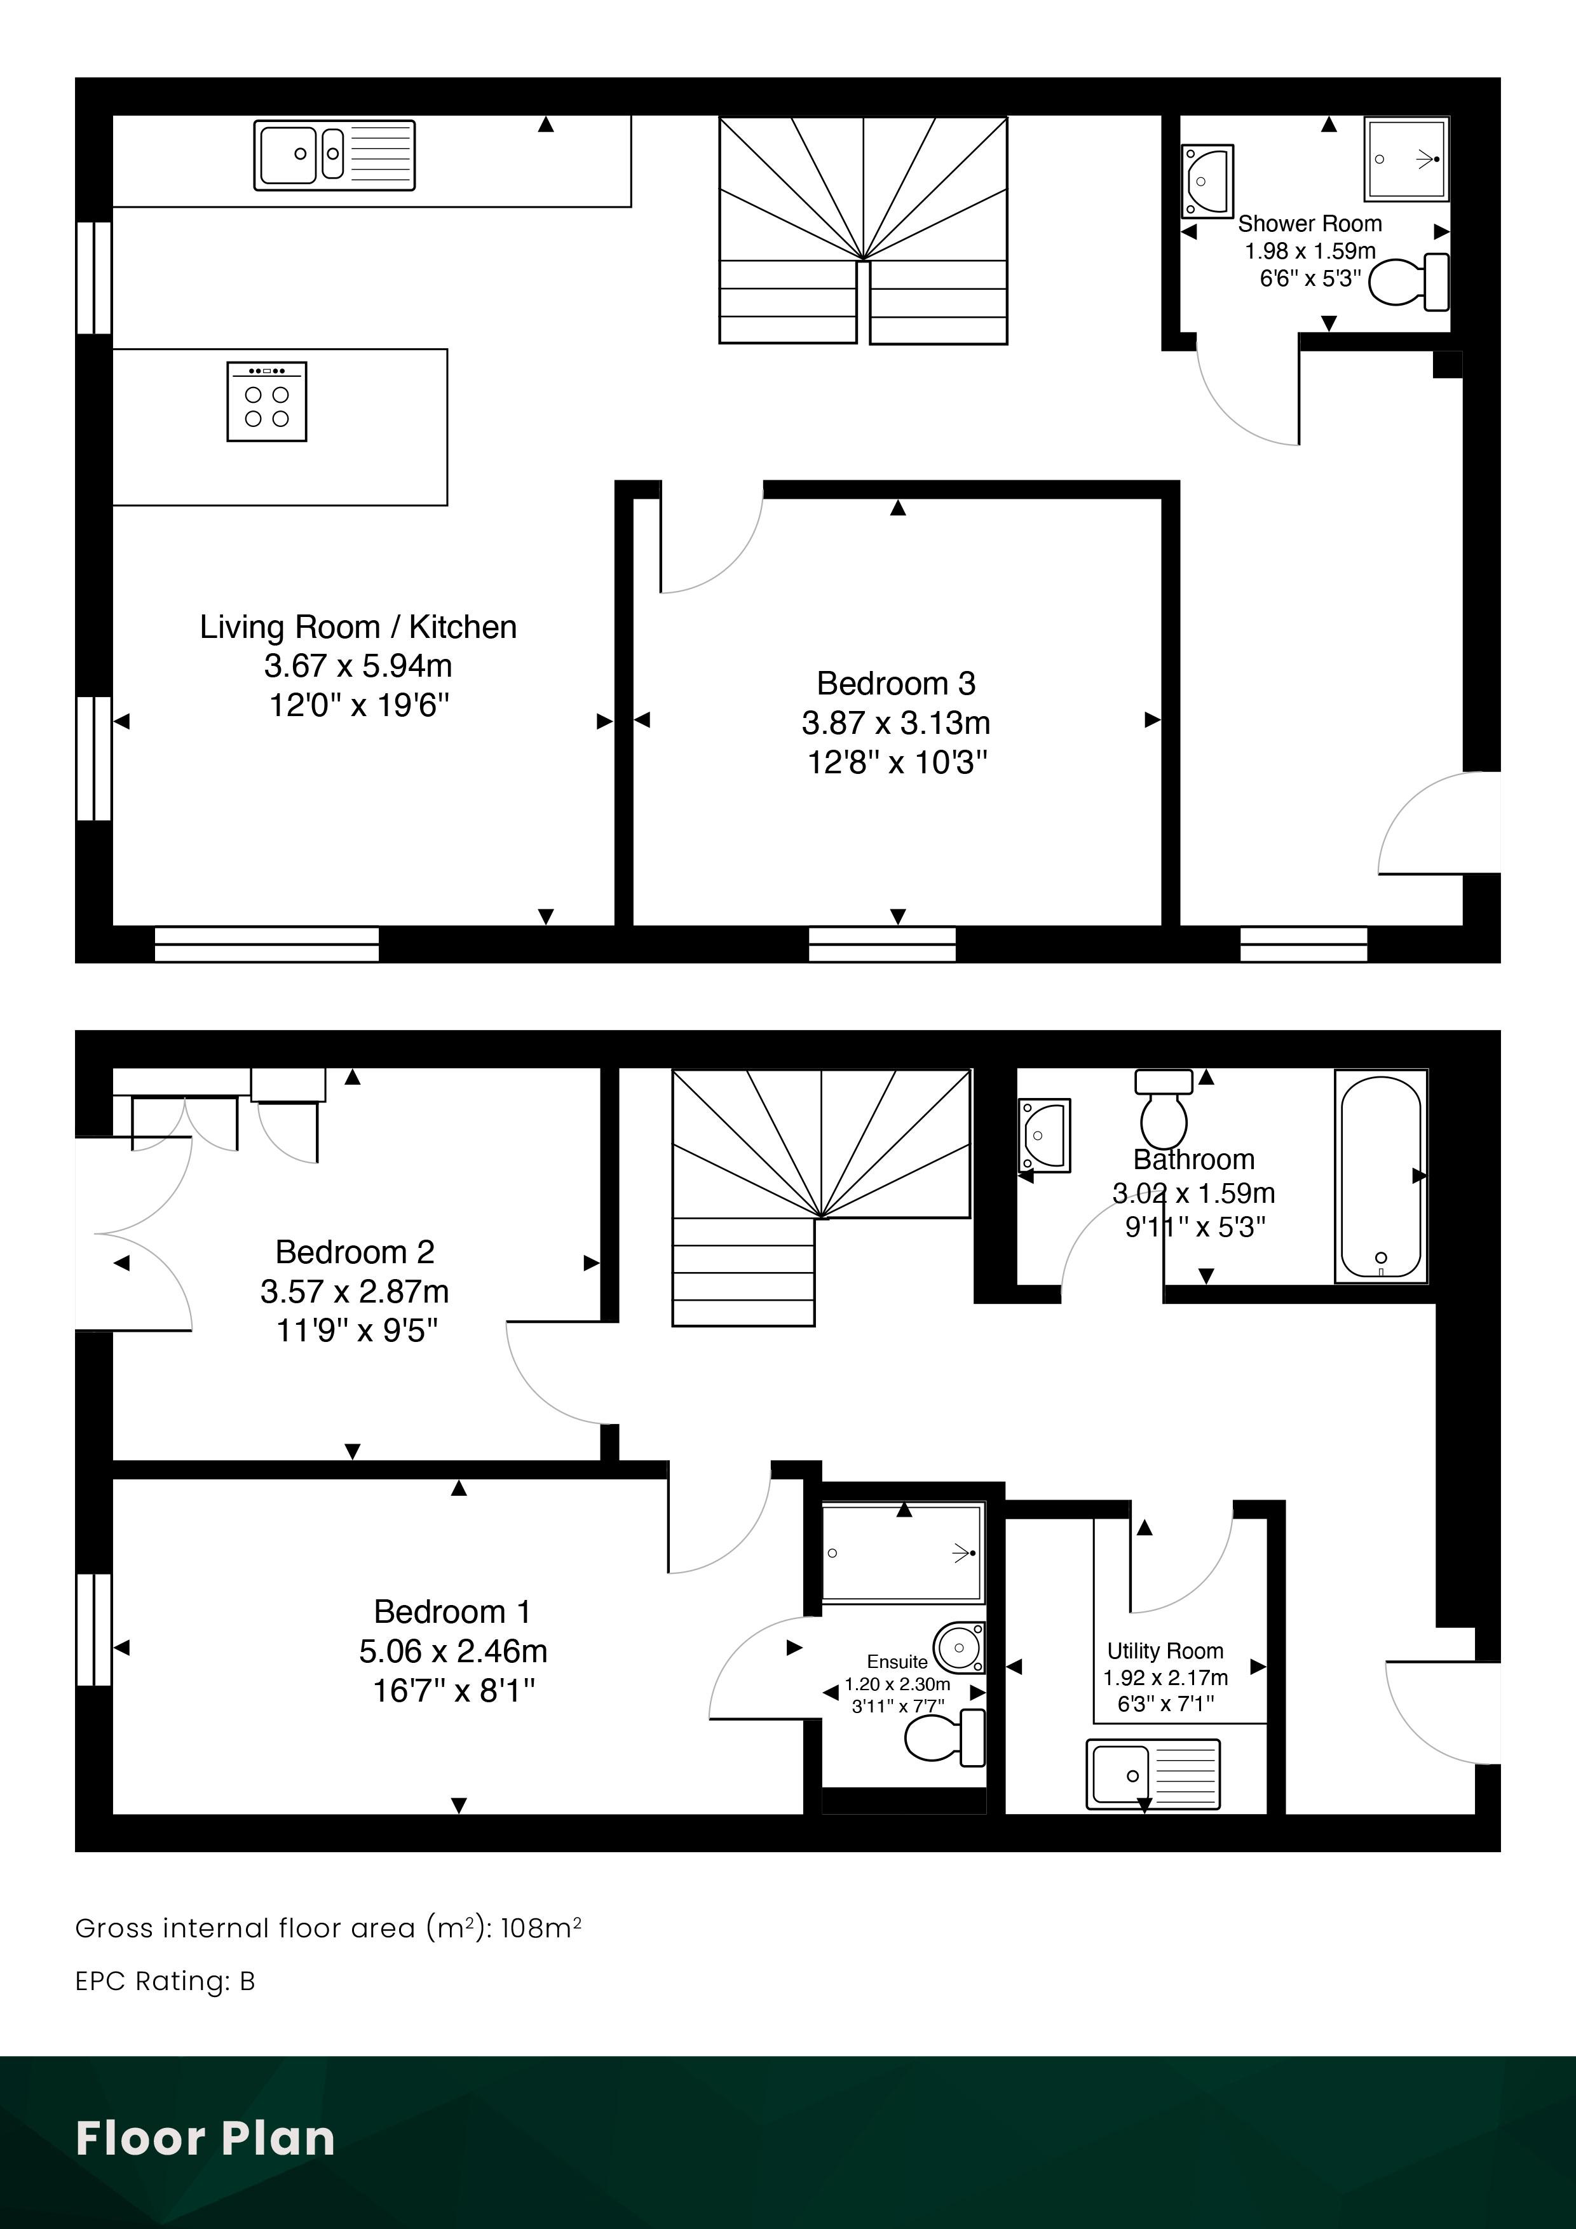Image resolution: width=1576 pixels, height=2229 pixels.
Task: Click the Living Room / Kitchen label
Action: pos(358,627)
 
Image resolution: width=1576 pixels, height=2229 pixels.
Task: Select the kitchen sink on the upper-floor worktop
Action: pos(334,154)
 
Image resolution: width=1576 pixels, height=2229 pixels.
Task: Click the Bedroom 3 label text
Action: pos(896,684)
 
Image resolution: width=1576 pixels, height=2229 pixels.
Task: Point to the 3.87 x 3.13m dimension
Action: pos(896,723)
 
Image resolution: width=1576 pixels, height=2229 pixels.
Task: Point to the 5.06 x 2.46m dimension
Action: pos(454,1651)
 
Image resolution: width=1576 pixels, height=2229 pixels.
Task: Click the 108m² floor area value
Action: pos(541,1928)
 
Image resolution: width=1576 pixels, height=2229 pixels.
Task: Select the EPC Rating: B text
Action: pos(165,1981)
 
